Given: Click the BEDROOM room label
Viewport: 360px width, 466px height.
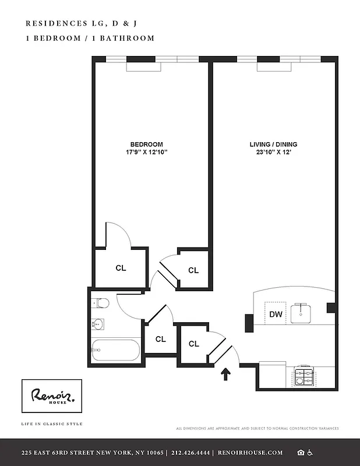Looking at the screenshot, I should pyautogui.click(x=146, y=144).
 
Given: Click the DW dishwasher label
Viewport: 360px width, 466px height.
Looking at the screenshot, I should pyautogui.click(x=276, y=315).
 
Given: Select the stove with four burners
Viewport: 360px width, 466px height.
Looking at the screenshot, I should pyautogui.click(x=304, y=377).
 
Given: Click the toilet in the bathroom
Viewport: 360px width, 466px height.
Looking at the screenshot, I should pyautogui.click(x=101, y=303).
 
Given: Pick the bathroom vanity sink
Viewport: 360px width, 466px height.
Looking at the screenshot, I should pyautogui.click(x=97, y=324).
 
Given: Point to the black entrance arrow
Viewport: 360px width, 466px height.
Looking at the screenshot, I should pyautogui.click(x=225, y=373).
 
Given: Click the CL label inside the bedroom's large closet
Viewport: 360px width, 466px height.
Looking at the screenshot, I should pyautogui.click(x=121, y=268).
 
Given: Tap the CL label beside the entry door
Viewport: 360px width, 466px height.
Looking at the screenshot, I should pyautogui.click(x=194, y=344).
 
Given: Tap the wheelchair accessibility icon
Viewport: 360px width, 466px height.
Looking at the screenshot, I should pyautogui.click(x=310, y=453).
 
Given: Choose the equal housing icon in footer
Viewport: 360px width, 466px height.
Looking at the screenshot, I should pyautogui.click(x=300, y=453).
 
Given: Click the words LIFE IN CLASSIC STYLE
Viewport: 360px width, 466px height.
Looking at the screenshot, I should pyautogui.click(x=51, y=423).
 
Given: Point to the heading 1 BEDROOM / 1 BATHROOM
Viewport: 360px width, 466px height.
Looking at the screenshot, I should pyautogui.click(x=90, y=38).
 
